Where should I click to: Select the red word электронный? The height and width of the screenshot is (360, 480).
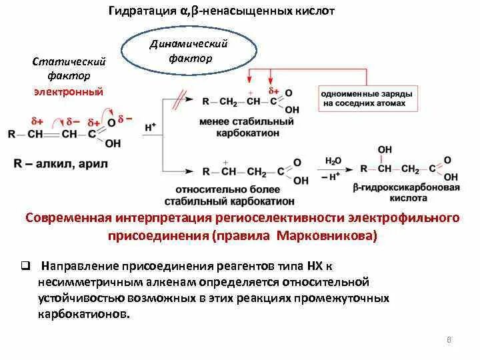[x=69, y=91]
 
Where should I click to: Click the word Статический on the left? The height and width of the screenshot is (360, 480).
[x=69, y=61]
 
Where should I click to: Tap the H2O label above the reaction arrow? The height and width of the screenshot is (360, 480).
[x=333, y=161]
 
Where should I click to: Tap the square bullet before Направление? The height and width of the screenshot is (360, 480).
[x=24, y=265]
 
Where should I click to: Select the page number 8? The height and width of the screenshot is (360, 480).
[x=449, y=341]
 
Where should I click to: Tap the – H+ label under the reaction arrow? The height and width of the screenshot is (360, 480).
[x=333, y=178]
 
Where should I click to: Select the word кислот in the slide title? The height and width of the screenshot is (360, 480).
[x=312, y=11]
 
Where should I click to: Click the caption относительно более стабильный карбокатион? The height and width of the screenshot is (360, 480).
[x=245, y=195]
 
